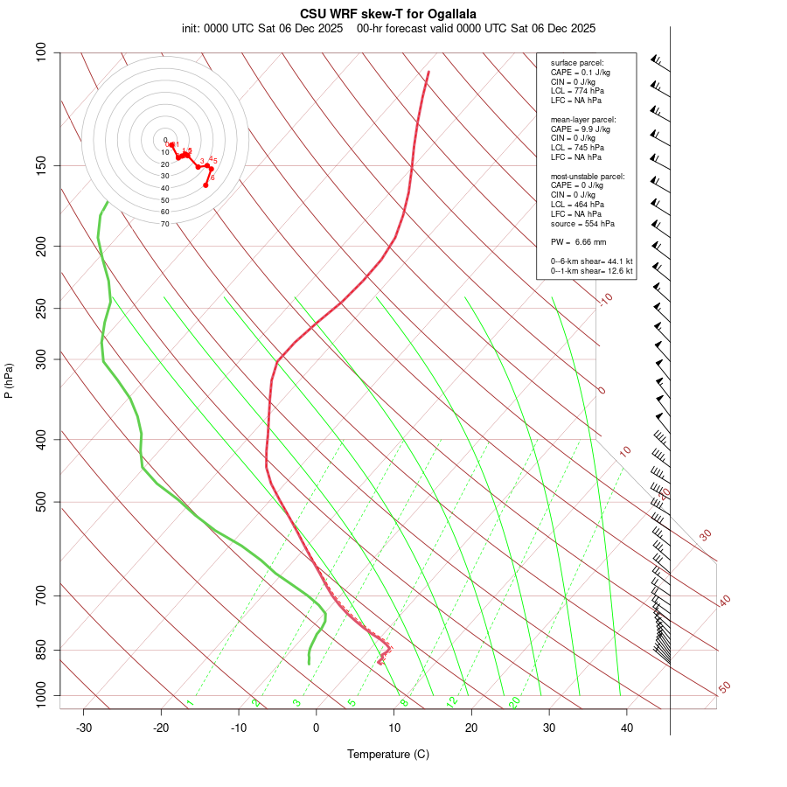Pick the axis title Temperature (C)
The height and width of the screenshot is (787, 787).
click(x=387, y=754)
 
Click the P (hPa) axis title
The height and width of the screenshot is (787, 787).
click(x=9, y=381)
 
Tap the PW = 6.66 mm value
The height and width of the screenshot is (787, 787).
click(x=578, y=241)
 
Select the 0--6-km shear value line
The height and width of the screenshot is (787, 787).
click(x=591, y=261)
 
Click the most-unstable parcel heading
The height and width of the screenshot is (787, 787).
click(x=588, y=177)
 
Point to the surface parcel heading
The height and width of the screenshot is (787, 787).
click(x=577, y=62)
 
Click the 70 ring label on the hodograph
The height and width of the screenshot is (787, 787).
click(x=164, y=224)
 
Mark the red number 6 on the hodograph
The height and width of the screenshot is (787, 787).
click(x=212, y=178)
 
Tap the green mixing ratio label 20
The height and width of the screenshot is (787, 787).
click(x=514, y=702)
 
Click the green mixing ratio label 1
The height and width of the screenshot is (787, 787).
click(x=190, y=703)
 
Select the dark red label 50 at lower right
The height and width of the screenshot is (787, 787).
click(x=724, y=688)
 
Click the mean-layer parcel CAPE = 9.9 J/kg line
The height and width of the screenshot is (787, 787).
click(x=581, y=129)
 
